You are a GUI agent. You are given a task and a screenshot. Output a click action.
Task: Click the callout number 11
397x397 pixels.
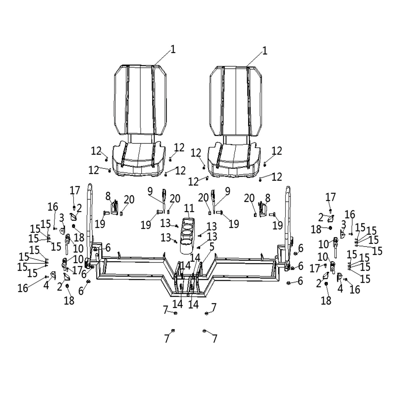pos(189,208)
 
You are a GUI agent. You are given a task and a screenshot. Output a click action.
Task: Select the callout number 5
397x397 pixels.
pos(212,246)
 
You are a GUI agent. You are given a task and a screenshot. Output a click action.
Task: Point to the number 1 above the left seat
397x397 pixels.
pos(173,49)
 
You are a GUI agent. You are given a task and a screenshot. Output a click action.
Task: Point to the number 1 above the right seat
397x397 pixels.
pos(265,51)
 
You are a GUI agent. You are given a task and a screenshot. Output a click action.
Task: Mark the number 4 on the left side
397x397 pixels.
pos(46,286)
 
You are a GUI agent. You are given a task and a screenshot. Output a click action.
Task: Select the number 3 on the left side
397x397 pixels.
pos(62,218)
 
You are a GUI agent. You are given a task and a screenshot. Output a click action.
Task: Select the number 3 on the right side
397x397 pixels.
pos(344,224)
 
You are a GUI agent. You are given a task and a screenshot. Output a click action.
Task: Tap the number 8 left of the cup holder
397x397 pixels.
pos(108,195)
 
